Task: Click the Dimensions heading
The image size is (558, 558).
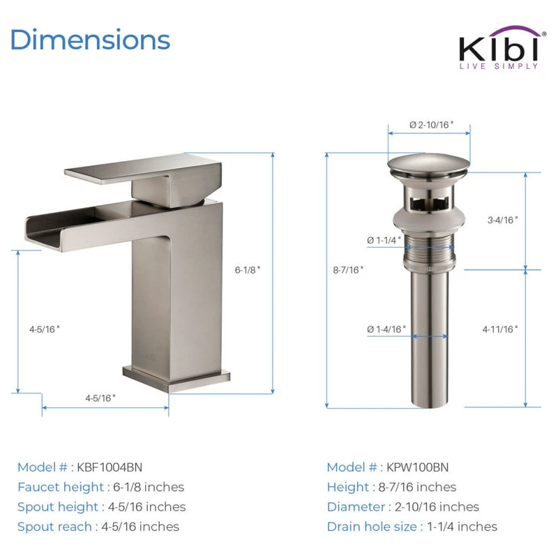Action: coord(91,40)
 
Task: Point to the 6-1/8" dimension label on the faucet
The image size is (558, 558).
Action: coord(248,270)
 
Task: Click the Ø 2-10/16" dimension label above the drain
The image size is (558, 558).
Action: coord(431,125)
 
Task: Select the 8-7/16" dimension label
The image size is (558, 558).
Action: coord(348,270)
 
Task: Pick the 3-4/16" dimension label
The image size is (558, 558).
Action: coord(502,220)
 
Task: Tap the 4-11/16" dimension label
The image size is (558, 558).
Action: coord(500,329)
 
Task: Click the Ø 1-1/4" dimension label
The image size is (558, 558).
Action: coord(384,241)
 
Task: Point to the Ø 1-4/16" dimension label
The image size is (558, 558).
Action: coord(386,329)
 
